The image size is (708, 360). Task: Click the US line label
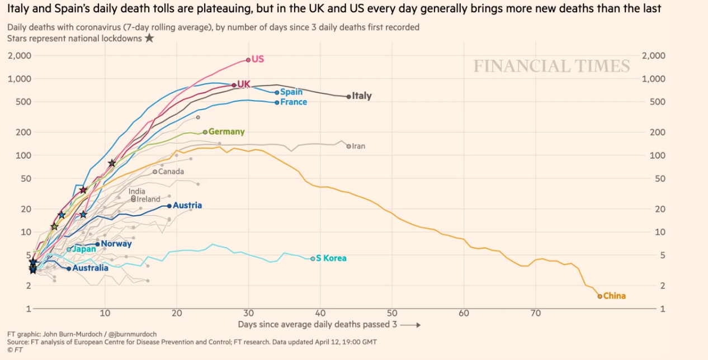[258, 59]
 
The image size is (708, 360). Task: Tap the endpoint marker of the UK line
[234, 85]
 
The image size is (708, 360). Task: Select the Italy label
[362, 96]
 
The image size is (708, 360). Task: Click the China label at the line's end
[615, 296]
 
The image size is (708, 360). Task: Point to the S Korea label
[332, 258]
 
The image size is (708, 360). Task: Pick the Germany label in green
[226, 132]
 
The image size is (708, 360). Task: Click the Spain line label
[291, 92]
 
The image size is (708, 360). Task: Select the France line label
[294, 102]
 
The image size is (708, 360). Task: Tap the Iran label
[358, 146]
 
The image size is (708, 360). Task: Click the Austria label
[187, 206]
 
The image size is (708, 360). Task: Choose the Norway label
[116, 244]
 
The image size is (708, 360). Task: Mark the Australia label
[90, 268]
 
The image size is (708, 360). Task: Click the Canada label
[171, 172]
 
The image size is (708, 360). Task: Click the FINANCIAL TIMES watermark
[551, 67]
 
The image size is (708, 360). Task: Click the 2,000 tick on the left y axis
[20, 55]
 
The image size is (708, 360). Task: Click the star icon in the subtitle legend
[149, 38]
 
